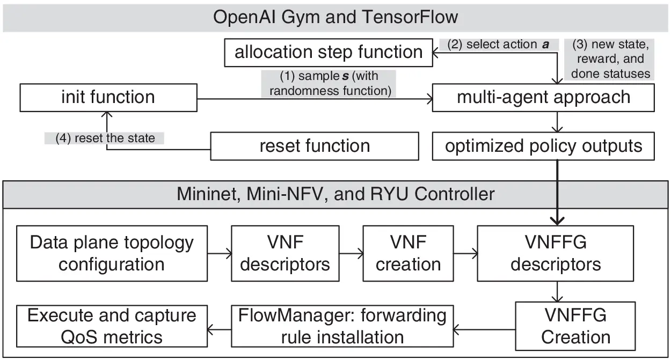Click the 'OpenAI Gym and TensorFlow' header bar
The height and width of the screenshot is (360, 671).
point(336,17)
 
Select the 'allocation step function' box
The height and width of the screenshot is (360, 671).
point(329,53)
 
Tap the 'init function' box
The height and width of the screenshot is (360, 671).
point(107,98)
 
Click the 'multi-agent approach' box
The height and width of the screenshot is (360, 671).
point(543,98)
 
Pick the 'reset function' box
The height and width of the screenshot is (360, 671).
point(314,146)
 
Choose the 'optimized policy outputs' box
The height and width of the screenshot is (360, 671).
point(543,146)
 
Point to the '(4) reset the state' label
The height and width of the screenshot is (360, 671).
point(105,138)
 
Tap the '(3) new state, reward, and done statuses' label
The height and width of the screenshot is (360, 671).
point(610,59)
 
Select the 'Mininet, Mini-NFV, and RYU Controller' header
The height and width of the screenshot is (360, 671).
point(336,194)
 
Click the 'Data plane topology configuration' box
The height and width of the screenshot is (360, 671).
point(112,253)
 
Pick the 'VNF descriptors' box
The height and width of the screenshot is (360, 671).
point(285,253)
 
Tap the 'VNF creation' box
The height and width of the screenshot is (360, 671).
point(408,253)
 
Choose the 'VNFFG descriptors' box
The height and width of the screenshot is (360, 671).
point(555,253)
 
